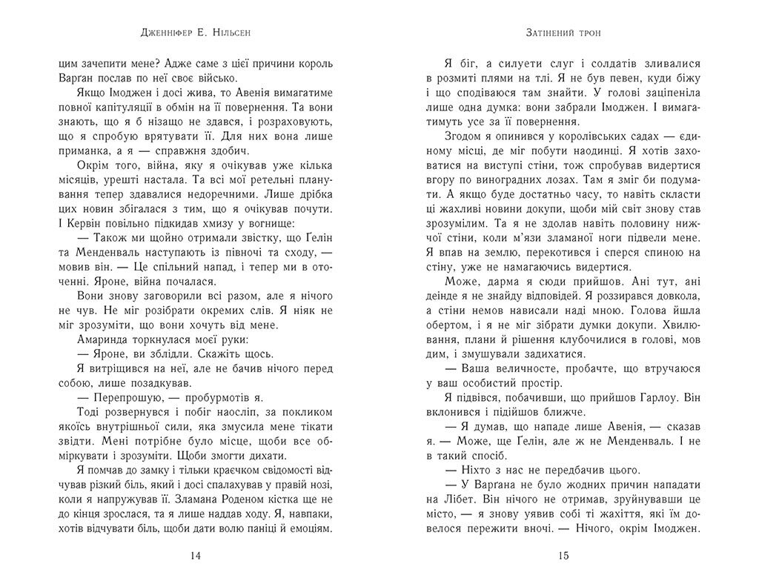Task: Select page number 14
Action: point(195,556)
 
